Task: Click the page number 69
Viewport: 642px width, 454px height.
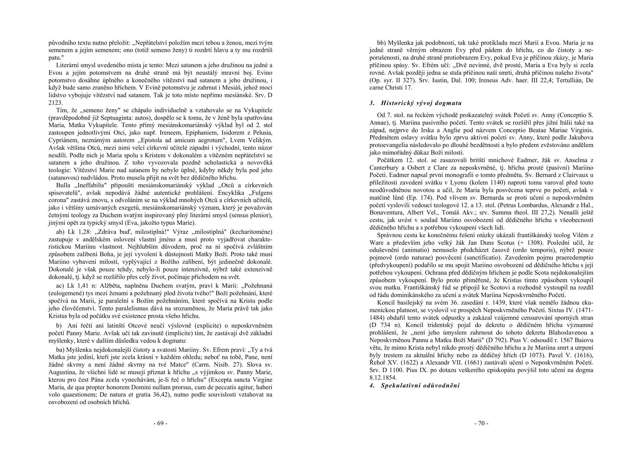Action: pos(160,423)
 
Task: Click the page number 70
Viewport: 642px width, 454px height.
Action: pos(481,423)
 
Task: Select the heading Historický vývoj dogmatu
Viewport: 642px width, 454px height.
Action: pos(421,103)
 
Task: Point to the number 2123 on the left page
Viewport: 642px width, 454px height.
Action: pos(55,103)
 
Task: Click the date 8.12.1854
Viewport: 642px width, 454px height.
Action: pos(383,378)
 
